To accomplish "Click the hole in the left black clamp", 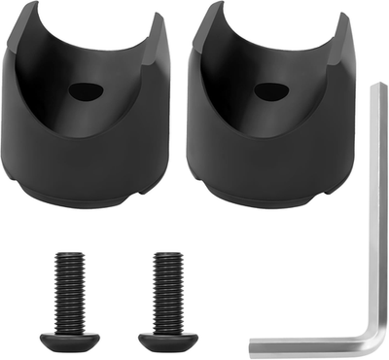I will click(87, 91).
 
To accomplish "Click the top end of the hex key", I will click(376, 90).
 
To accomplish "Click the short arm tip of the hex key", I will click(255, 346).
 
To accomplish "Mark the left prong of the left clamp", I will click(24, 39).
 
